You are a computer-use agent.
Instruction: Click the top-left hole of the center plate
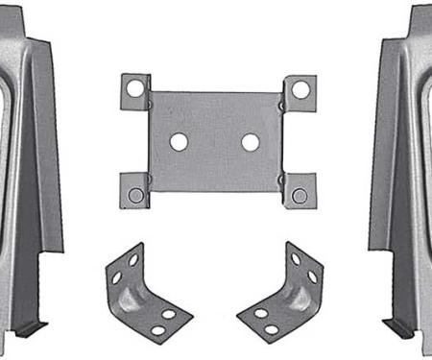(135, 88)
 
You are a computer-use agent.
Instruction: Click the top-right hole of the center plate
(300, 89)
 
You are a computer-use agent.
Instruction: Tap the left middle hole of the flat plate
(179, 142)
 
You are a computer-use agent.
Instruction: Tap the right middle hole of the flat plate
(251, 142)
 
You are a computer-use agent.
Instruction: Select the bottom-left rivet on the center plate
(136, 195)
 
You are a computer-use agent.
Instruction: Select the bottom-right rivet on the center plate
(300, 195)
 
